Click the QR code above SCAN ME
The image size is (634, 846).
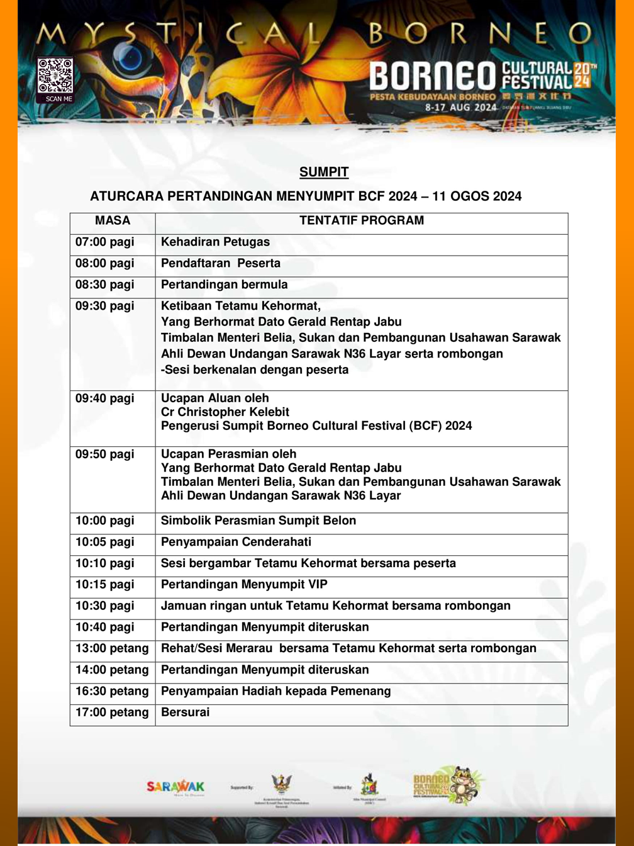pyautogui.click(x=55, y=76)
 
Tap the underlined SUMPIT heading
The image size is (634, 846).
pyautogui.click(x=324, y=172)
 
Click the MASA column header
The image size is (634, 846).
pyautogui.click(x=113, y=221)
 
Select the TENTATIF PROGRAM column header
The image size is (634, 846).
pyautogui.click(x=362, y=221)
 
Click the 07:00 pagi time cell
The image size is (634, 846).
pyautogui.click(x=105, y=242)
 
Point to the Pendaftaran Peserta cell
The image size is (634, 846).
pyautogui.click(x=221, y=264)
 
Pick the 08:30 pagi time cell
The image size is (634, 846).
pyautogui.click(x=105, y=285)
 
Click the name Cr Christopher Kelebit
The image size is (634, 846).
pyautogui.click(x=225, y=412)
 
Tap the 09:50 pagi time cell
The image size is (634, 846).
pyautogui.click(x=105, y=454)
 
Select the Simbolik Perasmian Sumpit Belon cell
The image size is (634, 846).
pyautogui.click(x=259, y=521)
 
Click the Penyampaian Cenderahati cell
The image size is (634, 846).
pyautogui.click(x=236, y=543)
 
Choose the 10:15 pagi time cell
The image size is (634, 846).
pyautogui.click(x=105, y=585)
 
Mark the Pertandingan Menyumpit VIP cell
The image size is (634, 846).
pyautogui.click(x=244, y=585)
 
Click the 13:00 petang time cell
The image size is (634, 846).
pyautogui.click(x=112, y=649)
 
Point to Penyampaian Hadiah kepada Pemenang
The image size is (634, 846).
pyautogui.click(x=275, y=692)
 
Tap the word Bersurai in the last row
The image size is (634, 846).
pyautogui.click(x=186, y=713)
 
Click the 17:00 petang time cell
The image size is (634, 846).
pyautogui.click(x=112, y=713)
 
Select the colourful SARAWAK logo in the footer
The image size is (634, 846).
pyautogui.click(x=175, y=787)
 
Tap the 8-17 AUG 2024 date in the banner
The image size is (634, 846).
pyautogui.click(x=461, y=107)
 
